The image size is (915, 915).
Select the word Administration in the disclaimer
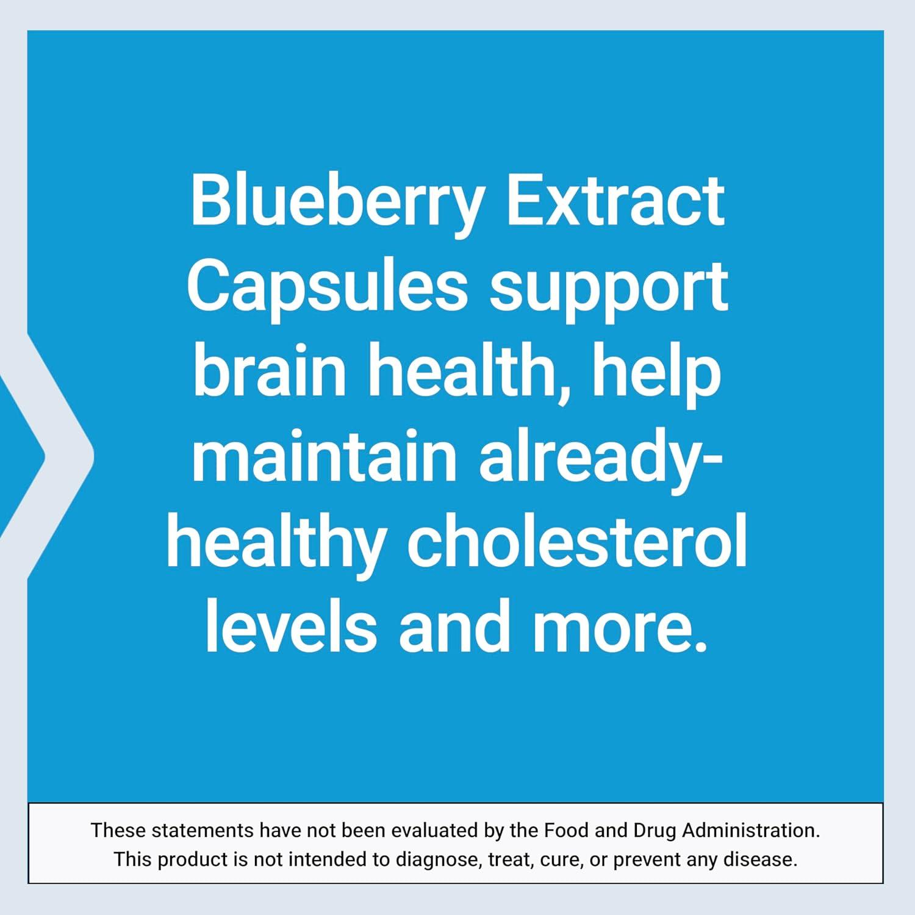(x=751, y=830)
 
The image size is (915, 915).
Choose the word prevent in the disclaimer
(x=647, y=859)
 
